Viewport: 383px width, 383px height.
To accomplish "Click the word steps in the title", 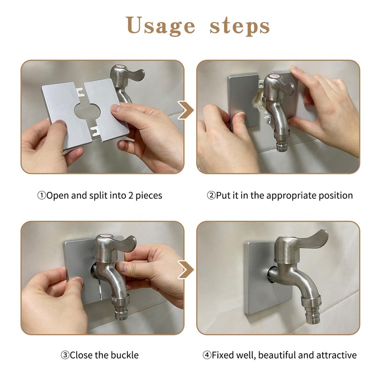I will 239,26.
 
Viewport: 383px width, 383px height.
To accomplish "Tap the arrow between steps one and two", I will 186,110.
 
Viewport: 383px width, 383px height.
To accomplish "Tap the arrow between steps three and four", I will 186,270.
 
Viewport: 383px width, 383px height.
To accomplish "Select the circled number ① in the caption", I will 42,195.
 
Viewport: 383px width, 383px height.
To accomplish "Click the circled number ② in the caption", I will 211,195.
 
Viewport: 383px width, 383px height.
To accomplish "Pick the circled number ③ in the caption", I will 65,355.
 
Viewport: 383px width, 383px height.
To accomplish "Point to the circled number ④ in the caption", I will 207,355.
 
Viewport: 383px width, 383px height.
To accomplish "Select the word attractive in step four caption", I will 338,355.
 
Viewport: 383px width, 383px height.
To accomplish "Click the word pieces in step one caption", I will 148,195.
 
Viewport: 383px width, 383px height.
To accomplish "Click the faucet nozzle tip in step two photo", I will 279,144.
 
